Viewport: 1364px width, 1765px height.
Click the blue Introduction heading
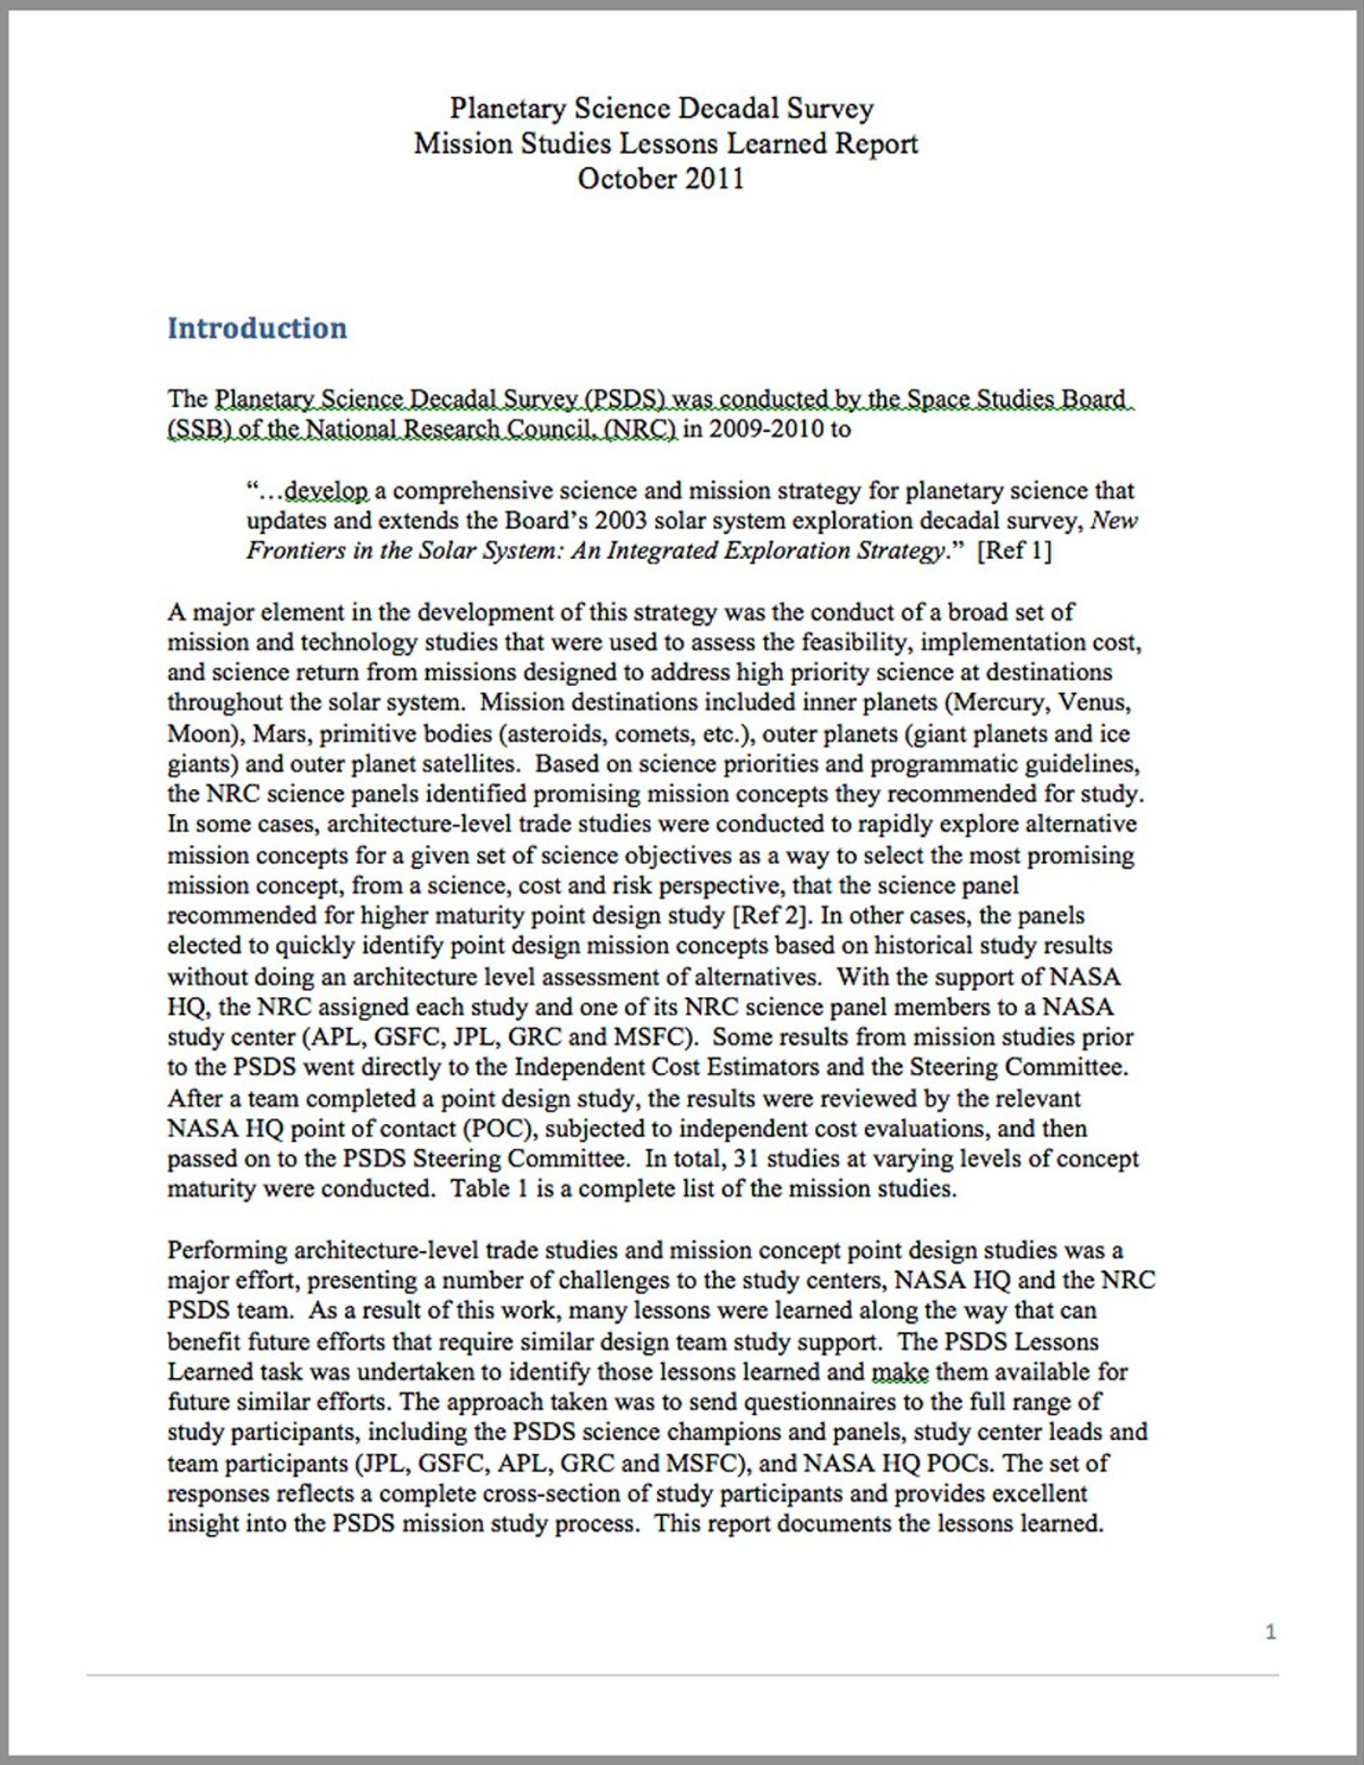257,328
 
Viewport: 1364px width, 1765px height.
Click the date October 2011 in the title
660,179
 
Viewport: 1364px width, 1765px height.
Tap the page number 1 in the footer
1270,1631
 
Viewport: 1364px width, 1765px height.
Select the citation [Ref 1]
1014,552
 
